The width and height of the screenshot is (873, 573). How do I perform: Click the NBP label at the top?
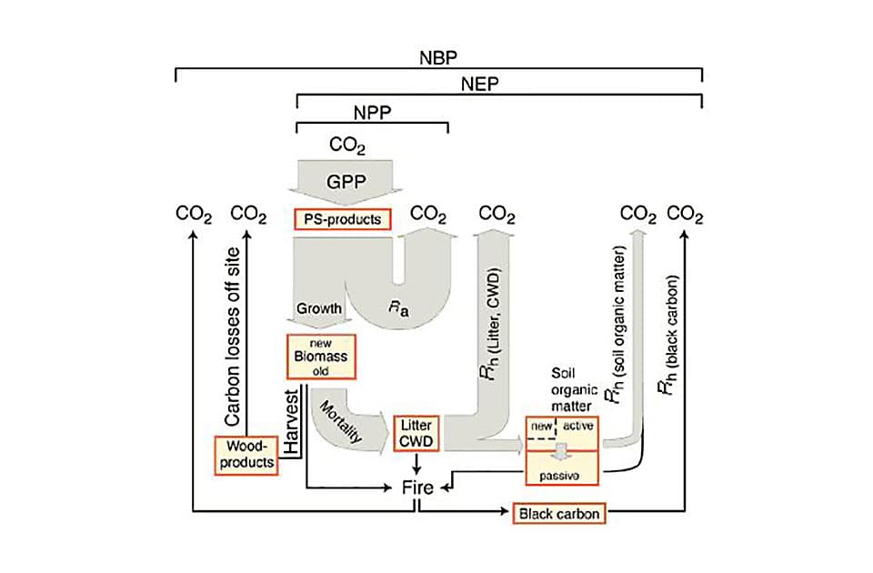437,56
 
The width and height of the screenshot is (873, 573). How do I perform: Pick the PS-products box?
342,218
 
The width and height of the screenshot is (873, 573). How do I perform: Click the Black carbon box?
558,514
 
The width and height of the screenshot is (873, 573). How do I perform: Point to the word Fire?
417,488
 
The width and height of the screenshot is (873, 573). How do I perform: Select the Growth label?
320,308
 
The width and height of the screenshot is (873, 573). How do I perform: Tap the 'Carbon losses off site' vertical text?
233,335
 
